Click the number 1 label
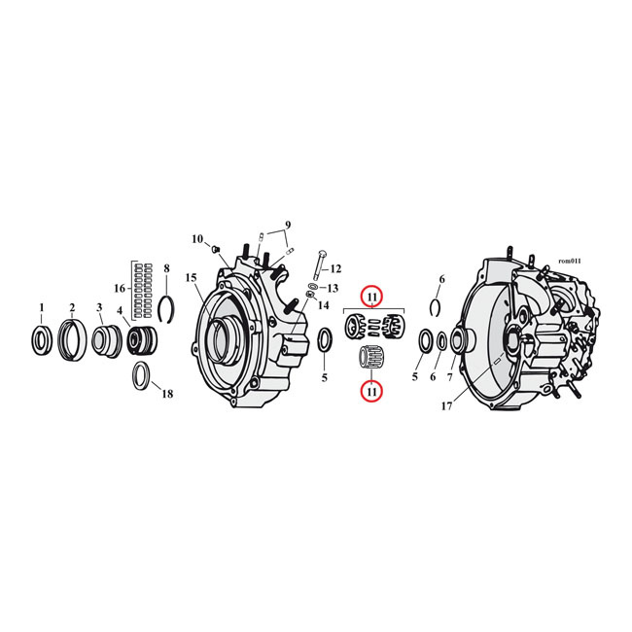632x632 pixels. click(x=41, y=307)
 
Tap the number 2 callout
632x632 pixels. click(x=71, y=307)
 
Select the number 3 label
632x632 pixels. click(x=99, y=307)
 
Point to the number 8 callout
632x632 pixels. click(x=166, y=267)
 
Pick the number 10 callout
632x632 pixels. click(x=197, y=238)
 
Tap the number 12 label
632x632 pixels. click(x=335, y=268)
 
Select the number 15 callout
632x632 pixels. click(x=192, y=277)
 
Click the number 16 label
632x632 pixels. click(x=120, y=288)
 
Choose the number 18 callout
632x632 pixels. click(x=167, y=394)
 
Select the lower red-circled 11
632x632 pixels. click(x=372, y=390)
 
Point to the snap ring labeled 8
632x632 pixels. click(x=166, y=308)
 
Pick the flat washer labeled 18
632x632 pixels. click(x=141, y=374)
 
